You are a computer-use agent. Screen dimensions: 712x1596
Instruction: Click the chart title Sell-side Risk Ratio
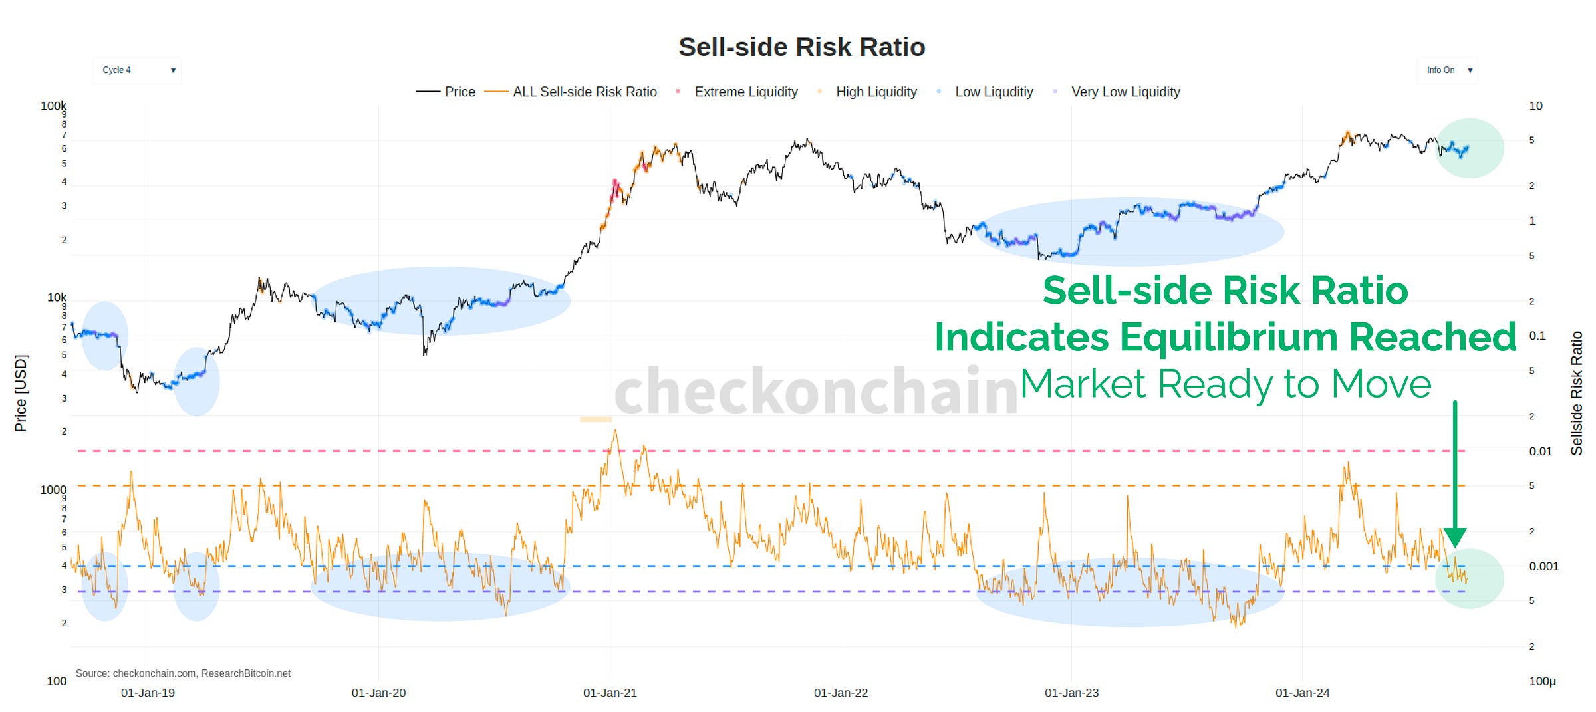tap(801, 47)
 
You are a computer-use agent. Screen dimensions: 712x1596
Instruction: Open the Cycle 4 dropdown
tap(137, 70)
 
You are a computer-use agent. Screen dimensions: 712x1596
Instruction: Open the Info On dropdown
tap(1448, 70)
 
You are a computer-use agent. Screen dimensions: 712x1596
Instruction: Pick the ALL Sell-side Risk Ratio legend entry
tap(584, 92)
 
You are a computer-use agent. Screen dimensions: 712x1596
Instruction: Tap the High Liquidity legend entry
tap(876, 92)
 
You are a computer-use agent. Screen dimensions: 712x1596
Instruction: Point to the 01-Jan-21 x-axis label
tap(610, 693)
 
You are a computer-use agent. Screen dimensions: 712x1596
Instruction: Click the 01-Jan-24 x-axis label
tap(1302, 693)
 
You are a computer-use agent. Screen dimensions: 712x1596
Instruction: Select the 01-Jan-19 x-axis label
tap(148, 693)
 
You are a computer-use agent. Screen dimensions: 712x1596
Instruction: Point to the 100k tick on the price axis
tap(53, 106)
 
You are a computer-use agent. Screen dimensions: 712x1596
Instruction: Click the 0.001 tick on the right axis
tap(1543, 566)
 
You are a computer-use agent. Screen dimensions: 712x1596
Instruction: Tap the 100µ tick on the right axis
tap(1542, 681)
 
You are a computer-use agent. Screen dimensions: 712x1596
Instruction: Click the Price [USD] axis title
tap(21, 394)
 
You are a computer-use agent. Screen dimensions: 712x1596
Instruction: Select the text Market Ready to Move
tap(1225, 384)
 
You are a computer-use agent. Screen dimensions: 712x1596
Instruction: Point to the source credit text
tap(183, 673)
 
